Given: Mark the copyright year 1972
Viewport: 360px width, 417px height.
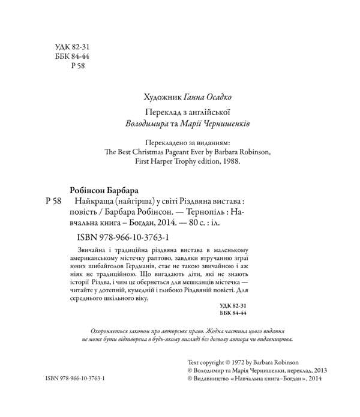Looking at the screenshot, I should tap(241, 363).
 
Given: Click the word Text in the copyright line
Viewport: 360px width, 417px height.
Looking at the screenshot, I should tap(196, 363).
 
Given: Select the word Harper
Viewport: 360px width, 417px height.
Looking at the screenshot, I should tap(168, 164).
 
